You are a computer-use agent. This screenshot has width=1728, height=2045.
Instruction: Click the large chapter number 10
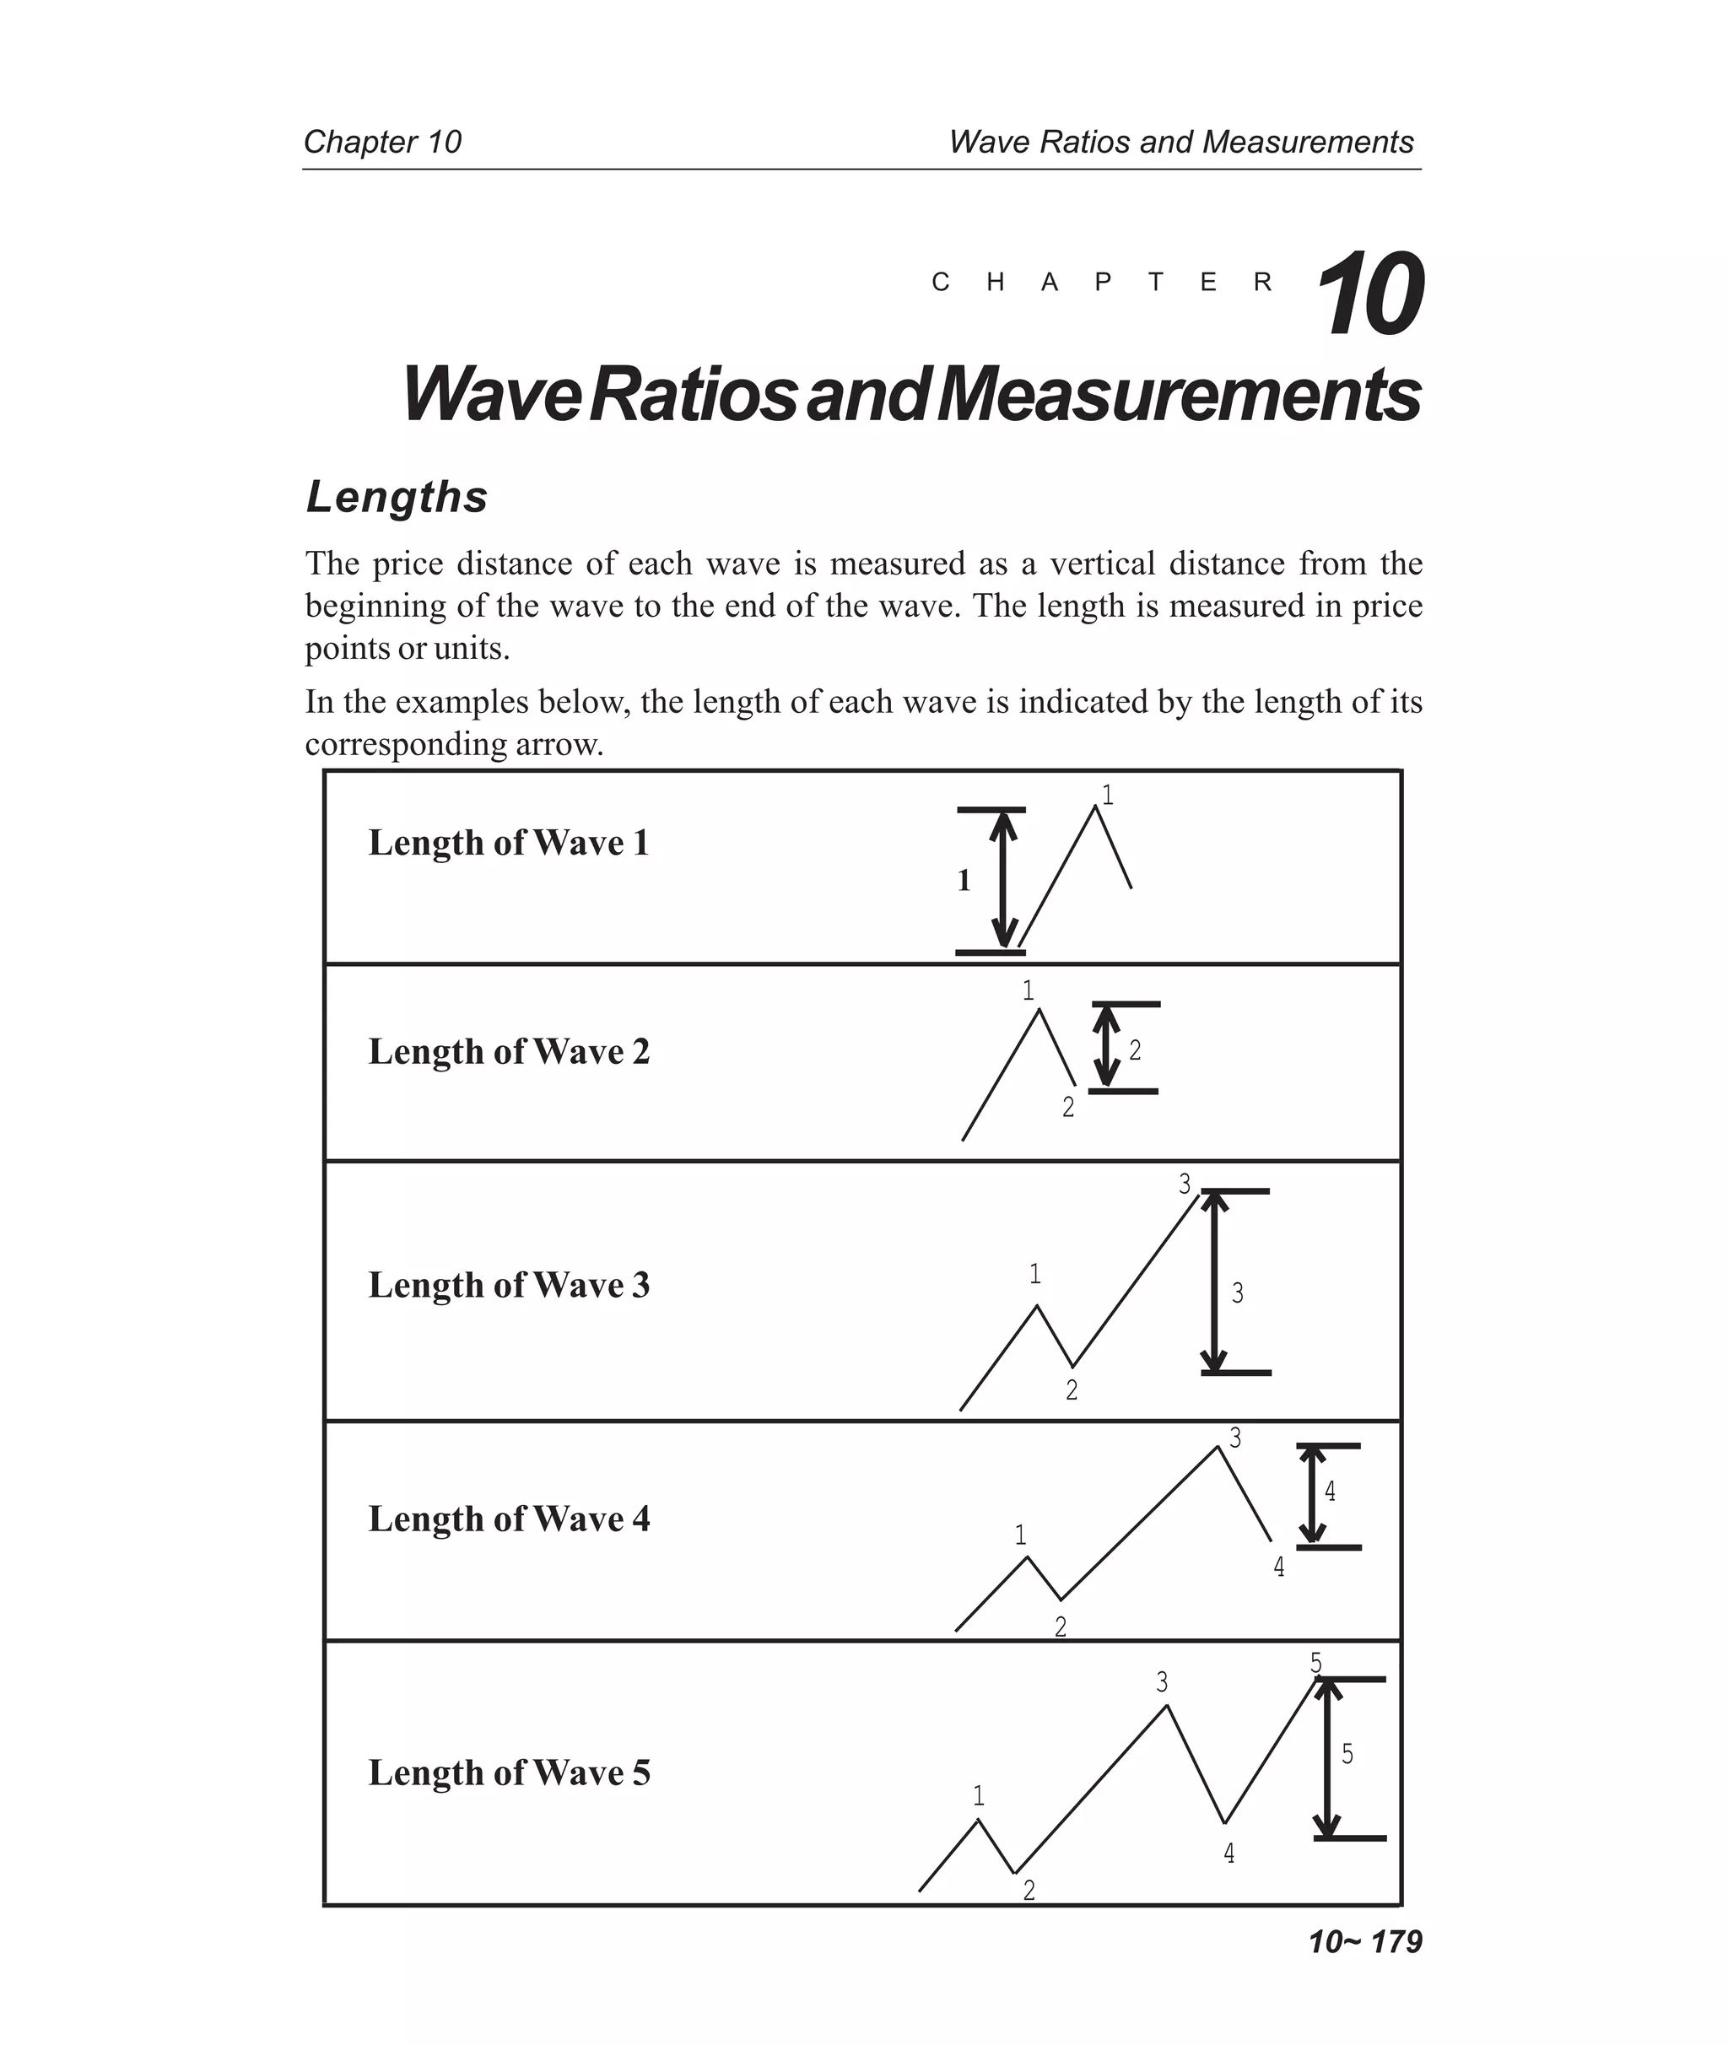(x=1369, y=294)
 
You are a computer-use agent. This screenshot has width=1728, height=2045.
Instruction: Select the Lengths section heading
(x=397, y=497)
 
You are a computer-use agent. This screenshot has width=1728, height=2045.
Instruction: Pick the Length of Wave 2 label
(x=509, y=1051)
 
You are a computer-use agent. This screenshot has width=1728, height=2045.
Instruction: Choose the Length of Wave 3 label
(x=509, y=1284)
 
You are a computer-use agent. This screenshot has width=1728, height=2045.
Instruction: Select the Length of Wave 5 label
(x=509, y=1772)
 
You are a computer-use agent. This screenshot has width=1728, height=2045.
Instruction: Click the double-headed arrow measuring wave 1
(x=1002, y=880)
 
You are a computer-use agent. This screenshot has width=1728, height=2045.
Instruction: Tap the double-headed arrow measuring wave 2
(x=1106, y=1047)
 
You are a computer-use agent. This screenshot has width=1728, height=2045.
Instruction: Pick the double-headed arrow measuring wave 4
(x=1312, y=1496)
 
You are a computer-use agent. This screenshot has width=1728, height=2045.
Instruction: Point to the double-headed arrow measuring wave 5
(x=1326, y=1758)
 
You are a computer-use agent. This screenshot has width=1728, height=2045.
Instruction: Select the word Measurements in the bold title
(x=1179, y=395)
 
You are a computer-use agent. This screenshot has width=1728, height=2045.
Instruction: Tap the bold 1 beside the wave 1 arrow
(x=964, y=881)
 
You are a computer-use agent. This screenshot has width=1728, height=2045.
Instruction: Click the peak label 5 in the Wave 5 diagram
(x=1315, y=1663)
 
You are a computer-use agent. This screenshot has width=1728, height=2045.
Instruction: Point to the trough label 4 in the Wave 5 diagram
(x=1228, y=1853)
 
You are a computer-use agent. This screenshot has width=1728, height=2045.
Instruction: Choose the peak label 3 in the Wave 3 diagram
(x=1185, y=1184)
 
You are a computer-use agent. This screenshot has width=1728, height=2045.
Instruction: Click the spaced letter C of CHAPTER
(x=941, y=283)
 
